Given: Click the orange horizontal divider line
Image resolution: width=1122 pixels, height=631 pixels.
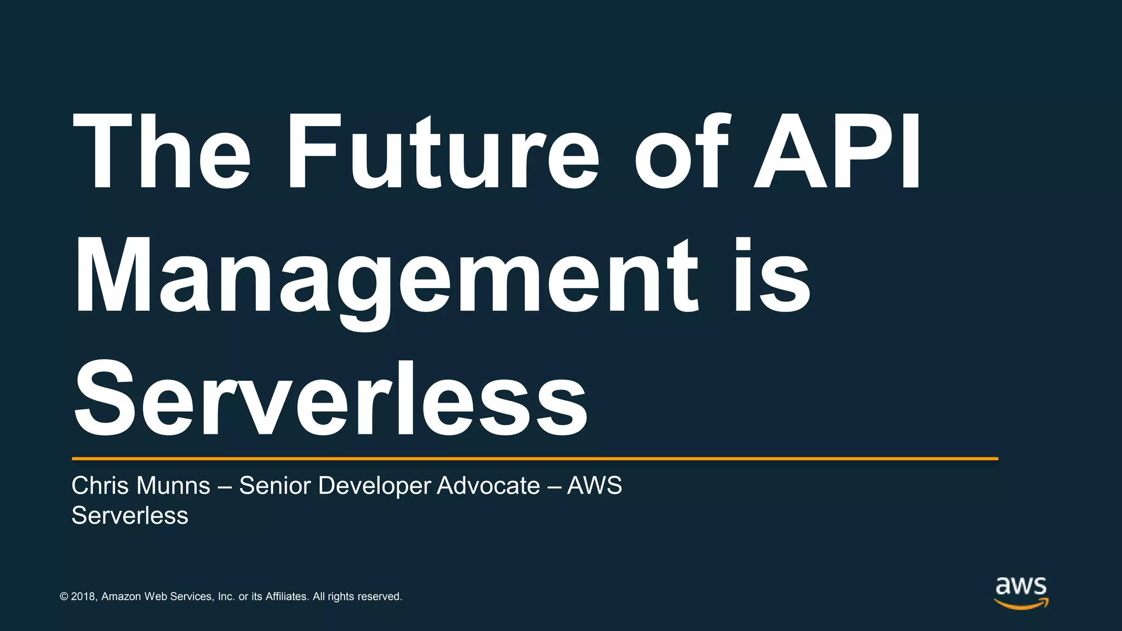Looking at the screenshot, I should pos(535,458).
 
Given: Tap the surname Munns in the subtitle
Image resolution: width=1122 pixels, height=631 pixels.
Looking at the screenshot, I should pos(173,485).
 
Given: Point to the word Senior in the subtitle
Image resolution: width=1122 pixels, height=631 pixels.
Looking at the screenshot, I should pos(274,485).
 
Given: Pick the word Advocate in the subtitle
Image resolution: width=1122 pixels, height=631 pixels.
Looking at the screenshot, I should pos(488,485).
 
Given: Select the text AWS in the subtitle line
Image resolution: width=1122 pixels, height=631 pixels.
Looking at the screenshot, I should pos(594,485).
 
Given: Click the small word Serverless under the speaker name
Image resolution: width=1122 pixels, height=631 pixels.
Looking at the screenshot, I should pos(130,515).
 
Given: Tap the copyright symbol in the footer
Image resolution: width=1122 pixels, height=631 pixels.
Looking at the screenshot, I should pos(64,596).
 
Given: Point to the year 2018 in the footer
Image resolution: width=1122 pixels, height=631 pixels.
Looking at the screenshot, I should pos(83,596).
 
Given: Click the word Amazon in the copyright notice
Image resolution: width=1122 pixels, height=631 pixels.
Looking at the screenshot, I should pos(121,596).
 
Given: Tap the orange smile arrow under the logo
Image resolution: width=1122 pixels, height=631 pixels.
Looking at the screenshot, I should pos(1022,604).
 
